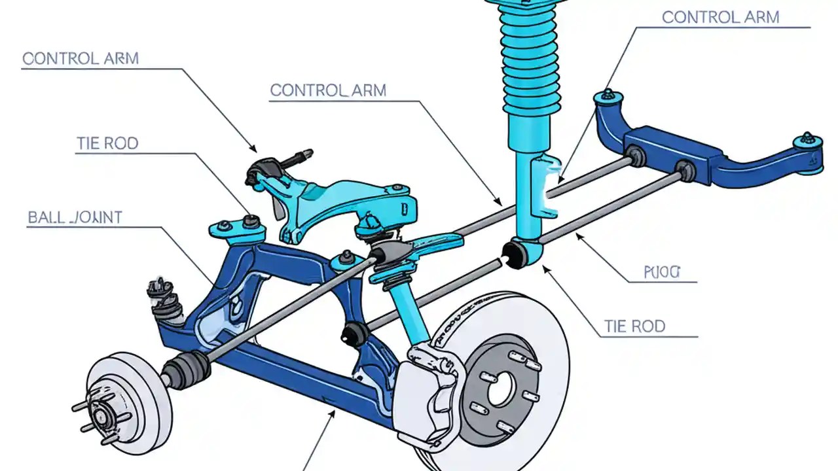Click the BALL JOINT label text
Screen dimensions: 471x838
click(x=75, y=217)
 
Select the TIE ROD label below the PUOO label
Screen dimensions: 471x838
click(x=634, y=326)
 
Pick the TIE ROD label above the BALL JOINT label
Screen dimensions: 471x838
click(x=107, y=143)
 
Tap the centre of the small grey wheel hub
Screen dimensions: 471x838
click(x=101, y=414)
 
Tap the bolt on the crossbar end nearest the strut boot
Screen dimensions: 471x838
click(x=608, y=96)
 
